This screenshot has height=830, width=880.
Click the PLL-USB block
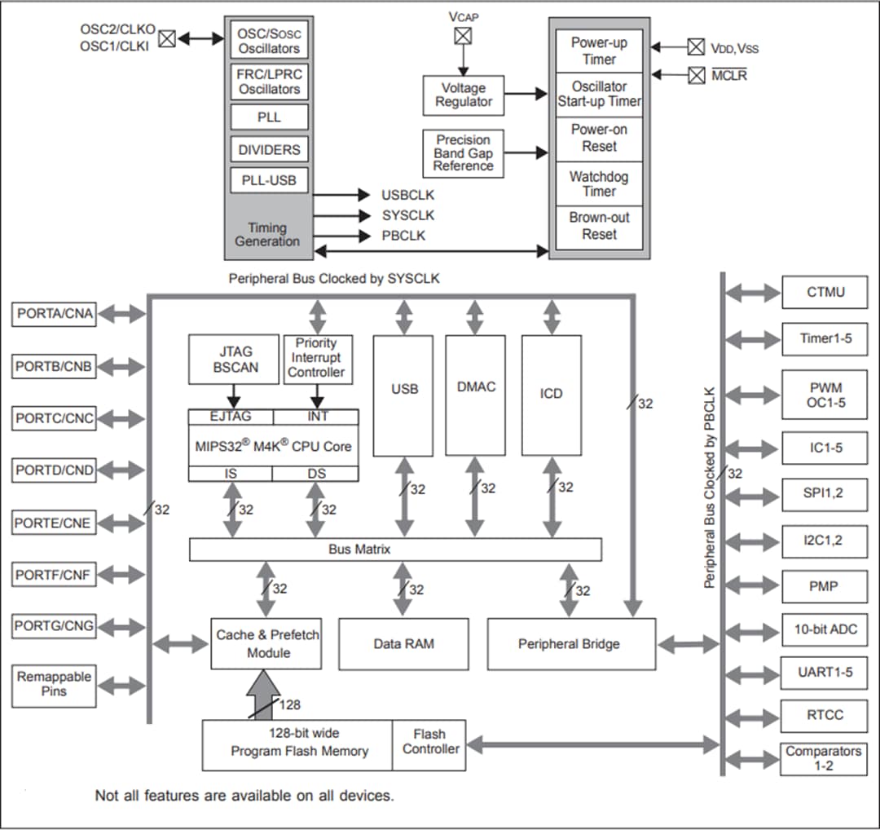point(269,180)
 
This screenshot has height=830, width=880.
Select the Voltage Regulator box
point(464,95)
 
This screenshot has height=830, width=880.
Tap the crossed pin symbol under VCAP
point(463,36)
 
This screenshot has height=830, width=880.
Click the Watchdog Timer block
point(599,183)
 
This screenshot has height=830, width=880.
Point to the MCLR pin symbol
point(696,75)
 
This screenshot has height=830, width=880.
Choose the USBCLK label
point(407,195)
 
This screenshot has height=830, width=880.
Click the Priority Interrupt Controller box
point(316,359)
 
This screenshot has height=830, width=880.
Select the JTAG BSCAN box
point(235,360)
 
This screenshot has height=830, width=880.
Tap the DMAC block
point(475,395)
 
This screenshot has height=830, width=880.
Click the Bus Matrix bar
point(395,550)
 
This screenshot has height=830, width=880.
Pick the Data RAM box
point(403,644)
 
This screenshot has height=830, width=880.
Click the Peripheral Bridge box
point(570,644)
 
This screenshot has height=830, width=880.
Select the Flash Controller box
point(429,743)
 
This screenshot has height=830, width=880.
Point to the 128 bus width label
point(290,704)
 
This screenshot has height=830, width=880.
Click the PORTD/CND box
point(55,470)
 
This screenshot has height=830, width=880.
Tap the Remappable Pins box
point(55,685)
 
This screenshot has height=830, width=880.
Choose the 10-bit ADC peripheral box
point(825,629)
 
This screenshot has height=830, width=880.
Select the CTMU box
point(825,292)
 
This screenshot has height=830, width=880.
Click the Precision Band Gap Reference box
point(463,153)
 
